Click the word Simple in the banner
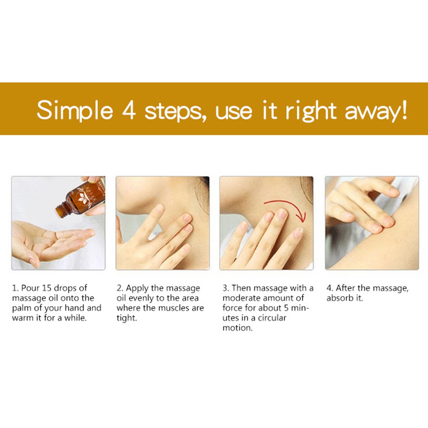coord(75,110)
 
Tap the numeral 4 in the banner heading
coord(128,110)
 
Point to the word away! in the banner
coord(376,111)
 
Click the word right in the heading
coord(311,111)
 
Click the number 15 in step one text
coord(47,288)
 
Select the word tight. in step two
coord(127,318)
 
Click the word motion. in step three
coord(237,328)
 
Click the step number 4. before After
coord(330,288)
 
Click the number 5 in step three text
coord(286,308)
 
